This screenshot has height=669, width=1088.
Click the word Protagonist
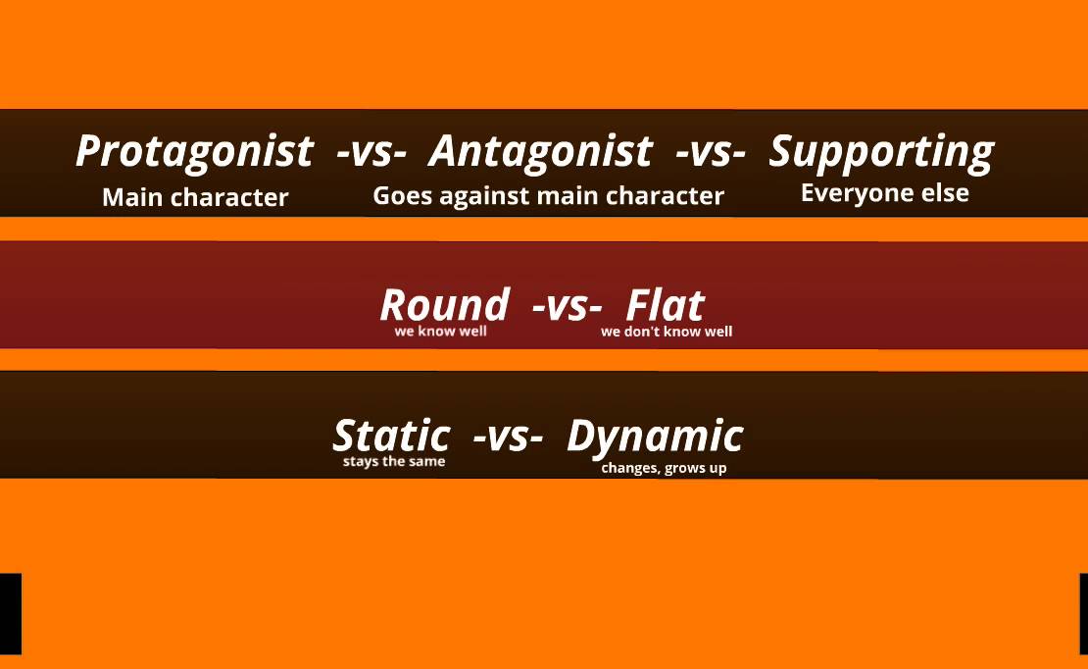(194, 152)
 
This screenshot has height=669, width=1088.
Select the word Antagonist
(540, 151)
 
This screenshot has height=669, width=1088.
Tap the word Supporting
(881, 152)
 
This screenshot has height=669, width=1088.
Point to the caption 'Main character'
(195, 197)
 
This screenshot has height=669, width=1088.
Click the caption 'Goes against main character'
(548, 195)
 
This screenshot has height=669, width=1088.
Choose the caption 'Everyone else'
(884, 193)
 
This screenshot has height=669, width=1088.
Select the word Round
(444, 304)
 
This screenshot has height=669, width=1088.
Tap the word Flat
(665, 304)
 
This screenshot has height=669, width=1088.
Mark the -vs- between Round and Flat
(567, 305)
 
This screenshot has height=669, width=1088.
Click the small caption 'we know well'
(440, 331)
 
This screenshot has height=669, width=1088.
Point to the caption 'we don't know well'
(667, 332)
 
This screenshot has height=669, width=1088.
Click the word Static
(391, 435)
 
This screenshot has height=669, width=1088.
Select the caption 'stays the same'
(394, 461)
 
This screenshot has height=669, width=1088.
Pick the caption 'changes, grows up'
(664, 468)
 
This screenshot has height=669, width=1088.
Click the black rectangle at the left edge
(10, 614)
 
